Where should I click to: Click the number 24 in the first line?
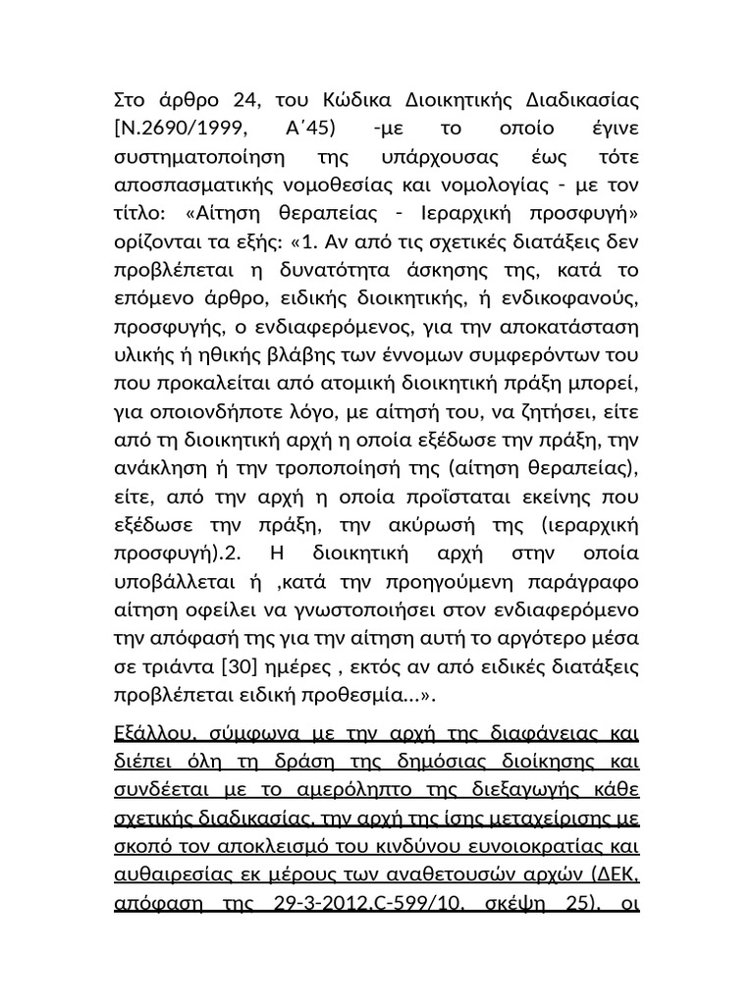[x=244, y=100]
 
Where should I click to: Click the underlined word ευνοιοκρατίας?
[x=550, y=849]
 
